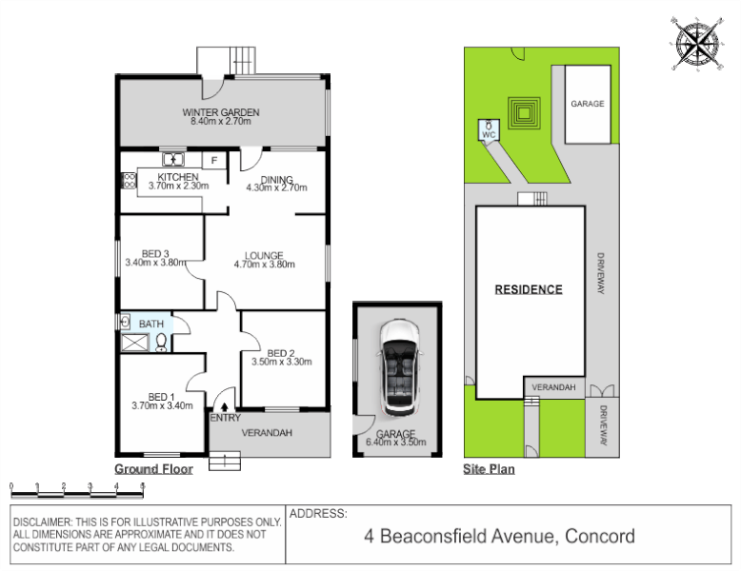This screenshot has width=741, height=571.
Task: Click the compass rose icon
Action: click(697, 44)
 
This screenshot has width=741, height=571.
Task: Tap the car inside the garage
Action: click(400, 368)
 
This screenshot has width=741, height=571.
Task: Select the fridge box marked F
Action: click(214, 161)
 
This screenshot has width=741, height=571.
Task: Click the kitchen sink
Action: click(173, 159)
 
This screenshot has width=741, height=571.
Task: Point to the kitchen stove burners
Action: click(129, 181)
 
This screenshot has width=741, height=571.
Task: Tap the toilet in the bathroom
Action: click(161, 343)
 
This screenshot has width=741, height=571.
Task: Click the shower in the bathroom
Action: click(135, 343)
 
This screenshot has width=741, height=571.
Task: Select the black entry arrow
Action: click(225, 405)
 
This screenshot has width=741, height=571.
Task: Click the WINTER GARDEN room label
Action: click(221, 112)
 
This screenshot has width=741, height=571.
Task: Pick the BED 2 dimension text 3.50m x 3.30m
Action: click(282, 362)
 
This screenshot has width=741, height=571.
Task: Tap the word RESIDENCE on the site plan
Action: click(529, 289)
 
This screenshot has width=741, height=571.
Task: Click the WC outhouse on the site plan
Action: click(489, 130)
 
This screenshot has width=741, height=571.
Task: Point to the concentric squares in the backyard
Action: click(524, 113)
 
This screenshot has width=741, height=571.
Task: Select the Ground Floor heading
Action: click(153, 469)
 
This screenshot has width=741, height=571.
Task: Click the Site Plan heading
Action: click(489, 469)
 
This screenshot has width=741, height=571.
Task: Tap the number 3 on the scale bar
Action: click(90, 486)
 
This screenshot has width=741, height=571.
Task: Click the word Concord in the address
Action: click(600, 536)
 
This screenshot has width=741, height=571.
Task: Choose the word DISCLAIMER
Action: click(42, 522)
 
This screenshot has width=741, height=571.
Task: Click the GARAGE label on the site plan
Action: click(588, 104)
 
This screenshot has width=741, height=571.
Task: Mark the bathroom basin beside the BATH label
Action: click(125, 323)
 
